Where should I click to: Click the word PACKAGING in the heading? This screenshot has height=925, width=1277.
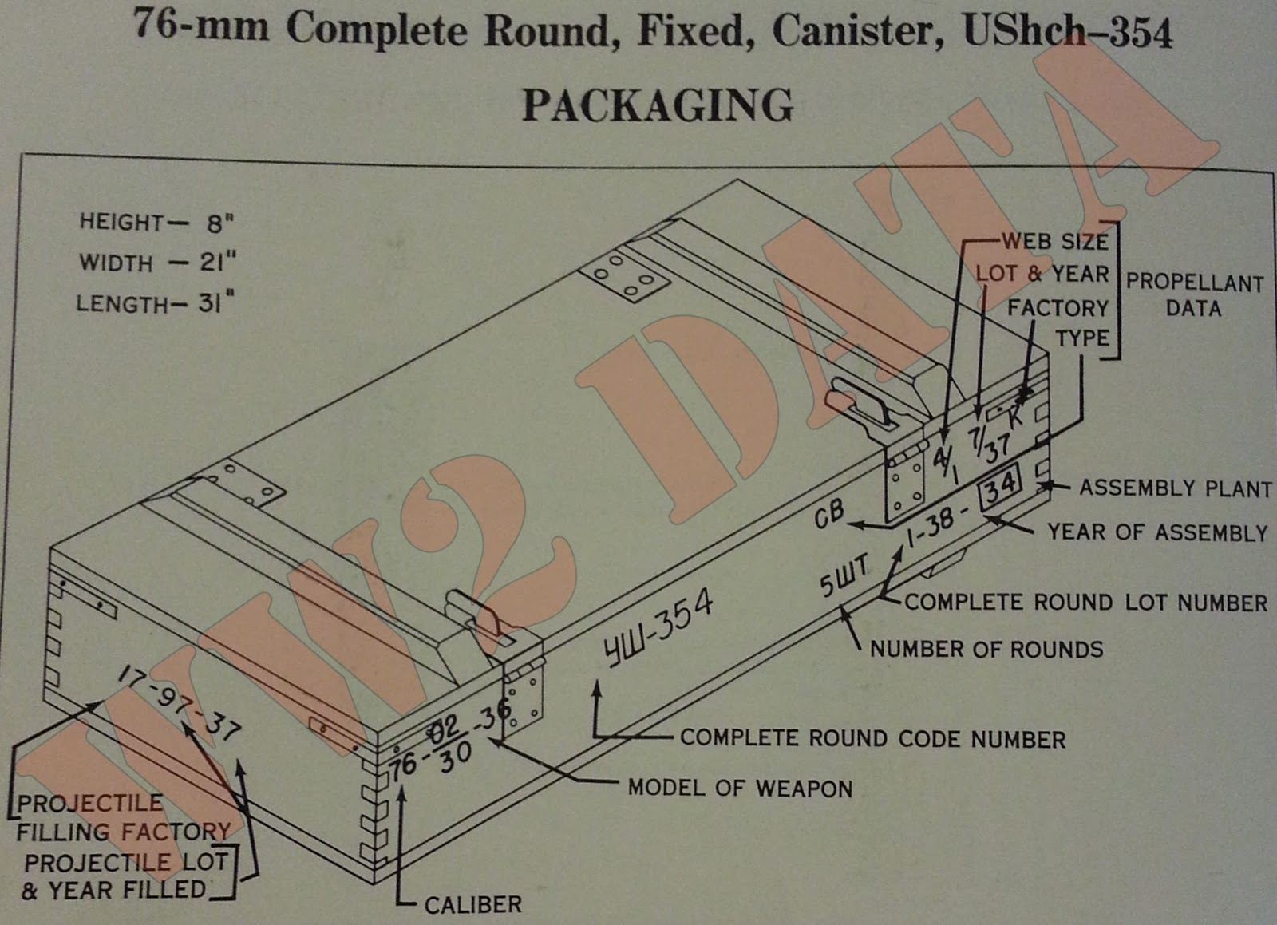click(x=657, y=105)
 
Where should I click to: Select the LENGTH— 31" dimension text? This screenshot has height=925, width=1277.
click(x=156, y=304)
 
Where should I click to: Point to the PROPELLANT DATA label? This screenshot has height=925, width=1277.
click(x=1194, y=295)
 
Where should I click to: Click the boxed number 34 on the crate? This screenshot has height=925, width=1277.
click(x=1001, y=484)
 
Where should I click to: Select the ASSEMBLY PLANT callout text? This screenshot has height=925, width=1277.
click(x=1175, y=488)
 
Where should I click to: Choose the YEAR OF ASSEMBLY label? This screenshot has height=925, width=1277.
click(x=1156, y=532)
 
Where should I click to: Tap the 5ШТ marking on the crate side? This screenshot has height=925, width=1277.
click(x=844, y=576)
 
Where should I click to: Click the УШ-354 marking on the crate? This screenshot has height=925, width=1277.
click(x=658, y=629)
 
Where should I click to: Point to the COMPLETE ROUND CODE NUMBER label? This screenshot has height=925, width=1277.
click(x=872, y=739)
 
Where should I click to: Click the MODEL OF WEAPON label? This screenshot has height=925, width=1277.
click(x=740, y=789)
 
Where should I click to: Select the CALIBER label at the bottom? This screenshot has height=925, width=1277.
click(x=472, y=905)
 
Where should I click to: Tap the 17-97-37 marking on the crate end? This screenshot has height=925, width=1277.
click(x=180, y=702)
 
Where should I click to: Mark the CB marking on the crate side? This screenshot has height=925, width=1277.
click(x=828, y=515)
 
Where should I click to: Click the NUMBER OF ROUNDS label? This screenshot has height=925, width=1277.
click(x=986, y=649)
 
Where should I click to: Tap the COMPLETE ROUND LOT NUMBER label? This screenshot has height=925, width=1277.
click(x=1085, y=603)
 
